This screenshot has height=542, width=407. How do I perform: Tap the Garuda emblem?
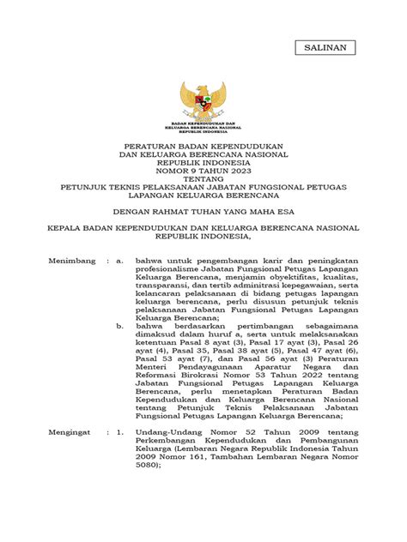(203, 105)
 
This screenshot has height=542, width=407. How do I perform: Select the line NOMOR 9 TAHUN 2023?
(203, 170)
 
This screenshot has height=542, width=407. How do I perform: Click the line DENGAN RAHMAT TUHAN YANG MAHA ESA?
(203, 208)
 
